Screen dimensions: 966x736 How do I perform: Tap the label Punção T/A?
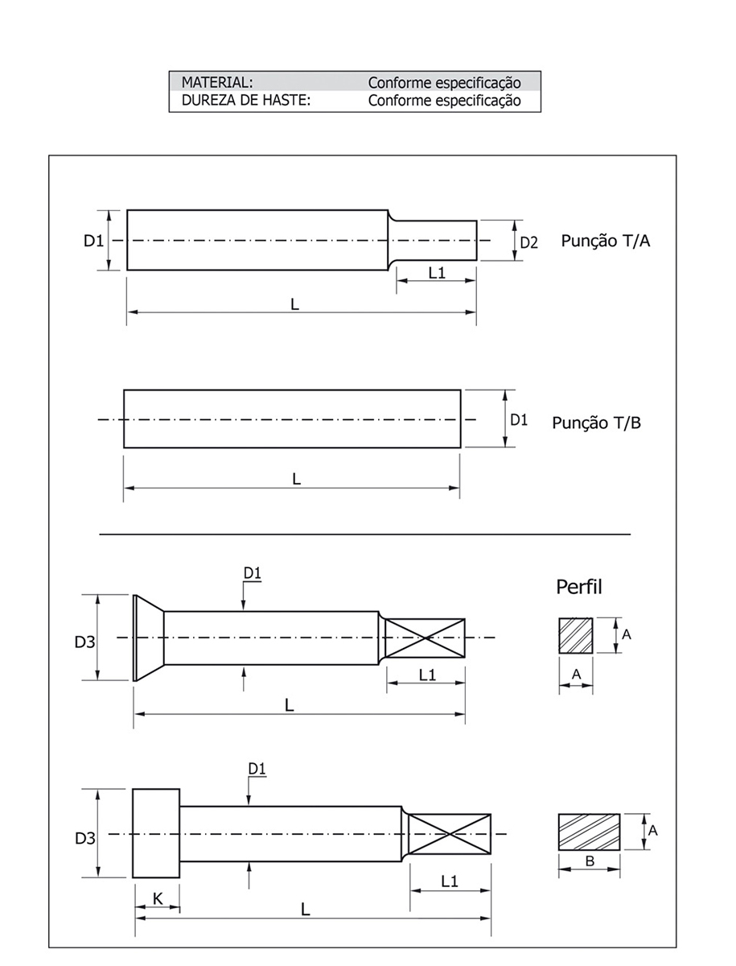pyautogui.click(x=606, y=241)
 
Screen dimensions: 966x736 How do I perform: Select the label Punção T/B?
pyautogui.click(x=596, y=423)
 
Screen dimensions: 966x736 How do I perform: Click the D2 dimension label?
pyautogui.click(x=528, y=242)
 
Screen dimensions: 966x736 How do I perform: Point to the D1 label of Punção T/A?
pyautogui.click(x=94, y=241)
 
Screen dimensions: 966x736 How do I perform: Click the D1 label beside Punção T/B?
pyautogui.click(x=519, y=419)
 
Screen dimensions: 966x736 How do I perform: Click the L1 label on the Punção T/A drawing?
pyautogui.click(x=437, y=273)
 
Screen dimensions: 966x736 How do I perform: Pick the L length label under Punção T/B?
pyautogui.click(x=296, y=479)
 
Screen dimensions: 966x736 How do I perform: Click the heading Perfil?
pyautogui.click(x=579, y=587)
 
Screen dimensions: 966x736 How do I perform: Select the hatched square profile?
pyautogui.click(x=576, y=636)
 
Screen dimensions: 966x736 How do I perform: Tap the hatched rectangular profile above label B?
pyautogui.click(x=589, y=832)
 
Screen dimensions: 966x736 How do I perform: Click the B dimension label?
pyautogui.click(x=590, y=861)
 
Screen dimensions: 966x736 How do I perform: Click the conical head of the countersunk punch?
pyautogui.click(x=148, y=638)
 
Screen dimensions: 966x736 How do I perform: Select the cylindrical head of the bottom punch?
pyautogui.click(x=156, y=833)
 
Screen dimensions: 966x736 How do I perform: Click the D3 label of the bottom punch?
pyautogui.click(x=85, y=839)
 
